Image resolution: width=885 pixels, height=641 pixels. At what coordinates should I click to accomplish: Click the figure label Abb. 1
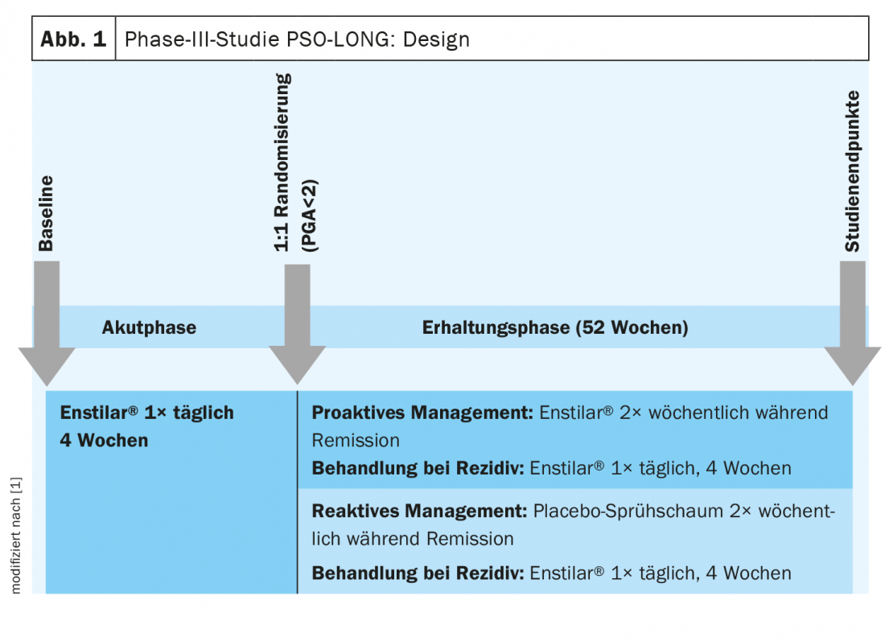click(73, 39)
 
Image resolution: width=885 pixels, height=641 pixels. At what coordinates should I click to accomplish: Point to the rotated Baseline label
click(47, 213)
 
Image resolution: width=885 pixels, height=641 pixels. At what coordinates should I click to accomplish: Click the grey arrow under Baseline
click(47, 322)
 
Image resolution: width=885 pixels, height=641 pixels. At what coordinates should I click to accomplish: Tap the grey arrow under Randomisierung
click(298, 322)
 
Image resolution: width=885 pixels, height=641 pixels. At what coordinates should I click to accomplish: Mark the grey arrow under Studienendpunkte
click(853, 322)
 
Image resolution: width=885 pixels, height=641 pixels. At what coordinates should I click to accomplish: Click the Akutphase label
click(149, 328)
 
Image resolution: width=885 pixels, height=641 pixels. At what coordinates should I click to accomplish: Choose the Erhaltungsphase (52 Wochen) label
click(555, 328)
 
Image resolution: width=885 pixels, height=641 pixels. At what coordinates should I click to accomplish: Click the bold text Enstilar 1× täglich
click(147, 413)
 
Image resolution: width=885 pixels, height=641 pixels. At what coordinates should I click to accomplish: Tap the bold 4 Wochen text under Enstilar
click(104, 440)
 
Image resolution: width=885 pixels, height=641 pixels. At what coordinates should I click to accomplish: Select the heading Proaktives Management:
click(422, 413)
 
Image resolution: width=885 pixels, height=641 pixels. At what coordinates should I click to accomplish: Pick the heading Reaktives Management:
click(419, 511)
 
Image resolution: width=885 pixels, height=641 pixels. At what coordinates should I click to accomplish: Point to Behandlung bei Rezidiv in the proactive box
click(418, 468)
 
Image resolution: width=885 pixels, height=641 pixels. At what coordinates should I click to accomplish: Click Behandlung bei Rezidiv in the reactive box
click(418, 573)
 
